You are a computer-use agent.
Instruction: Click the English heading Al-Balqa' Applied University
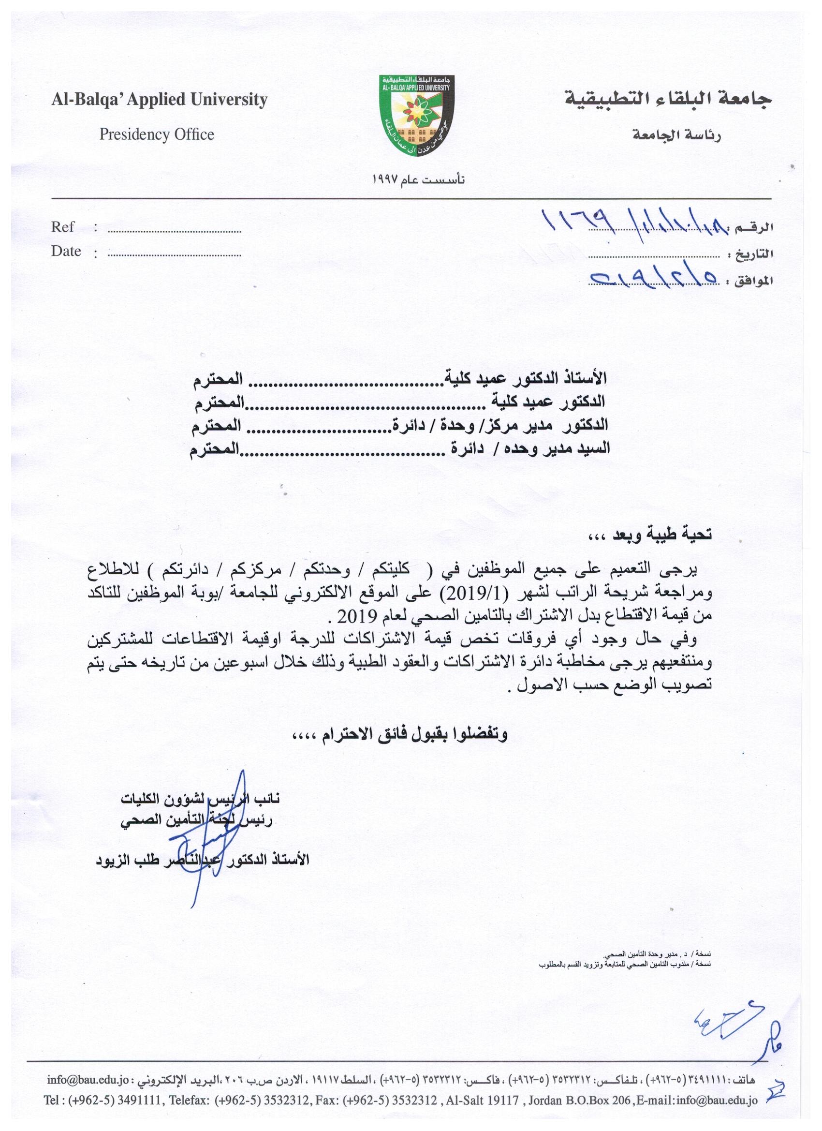[x=160, y=100]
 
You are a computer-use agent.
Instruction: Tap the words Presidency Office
[x=157, y=134]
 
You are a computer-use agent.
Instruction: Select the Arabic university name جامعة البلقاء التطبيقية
[x=668, y=100]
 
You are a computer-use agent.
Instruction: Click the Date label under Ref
[x=66, y=252]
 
